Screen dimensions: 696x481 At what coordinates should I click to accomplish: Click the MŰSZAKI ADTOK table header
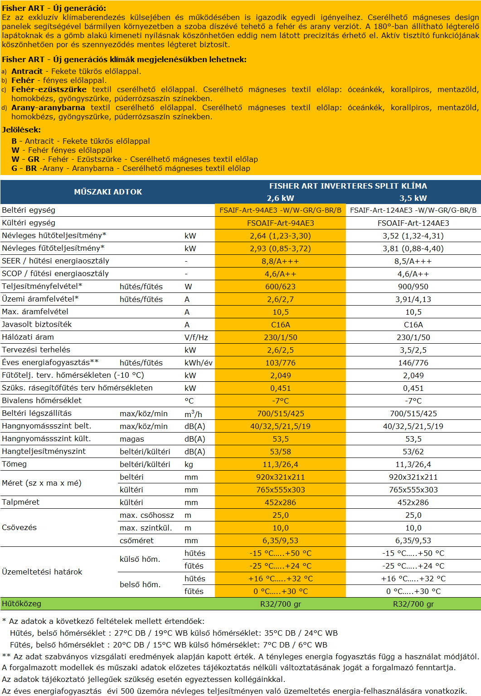pyautogui.click(x=108, y=192)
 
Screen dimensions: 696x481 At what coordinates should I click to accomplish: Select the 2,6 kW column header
pyautogui.click(x=280, y=198)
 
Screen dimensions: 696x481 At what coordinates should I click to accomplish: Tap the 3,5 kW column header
pyautogui.click(x=413, y=198)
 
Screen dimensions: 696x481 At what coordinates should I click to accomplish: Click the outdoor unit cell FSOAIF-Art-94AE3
pyautogui.click(x=280, y=223)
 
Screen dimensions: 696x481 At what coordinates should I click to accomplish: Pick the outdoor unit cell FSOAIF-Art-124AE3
pyautogui.click(x=413, y=223)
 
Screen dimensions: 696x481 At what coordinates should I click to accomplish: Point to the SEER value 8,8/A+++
pyautogui.click(x=280, y=261)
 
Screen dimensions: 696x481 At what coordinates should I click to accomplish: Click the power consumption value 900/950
pyautogui.click(x=413, y=287)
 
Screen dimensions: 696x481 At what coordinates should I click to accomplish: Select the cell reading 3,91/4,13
pyautogui.click(x=413, y=299)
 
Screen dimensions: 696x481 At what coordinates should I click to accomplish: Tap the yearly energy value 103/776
pyautogui.click(x=280, y=363)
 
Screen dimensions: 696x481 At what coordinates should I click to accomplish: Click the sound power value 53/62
pyautogui.click(x=413, y=452)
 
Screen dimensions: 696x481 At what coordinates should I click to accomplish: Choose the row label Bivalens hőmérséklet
pyautogui.click(x=42, y=400)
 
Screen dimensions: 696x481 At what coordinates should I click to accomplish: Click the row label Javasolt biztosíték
pyautogui.click(x=37, y=324)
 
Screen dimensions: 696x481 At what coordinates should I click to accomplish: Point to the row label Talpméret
pyautogui.click(x=20, y=502)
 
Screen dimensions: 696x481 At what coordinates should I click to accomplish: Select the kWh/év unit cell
pyautogui.click(x=199, y=363)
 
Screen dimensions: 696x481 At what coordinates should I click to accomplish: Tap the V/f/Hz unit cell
pyautogui.click(x=196, y=337)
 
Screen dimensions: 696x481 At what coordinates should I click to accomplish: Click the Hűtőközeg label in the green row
pyautogui.click(x=21, y=604)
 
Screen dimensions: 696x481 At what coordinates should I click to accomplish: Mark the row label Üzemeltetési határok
pyautogui.click(x=42, y=572)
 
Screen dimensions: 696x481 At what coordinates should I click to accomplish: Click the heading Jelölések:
pyautogui.click(x=21, y=130)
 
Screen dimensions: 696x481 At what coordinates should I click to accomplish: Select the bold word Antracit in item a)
pyautogui.click(x=27, y=71)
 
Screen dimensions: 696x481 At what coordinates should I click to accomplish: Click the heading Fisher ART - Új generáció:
pyautogui.click(x=54, y=8)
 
